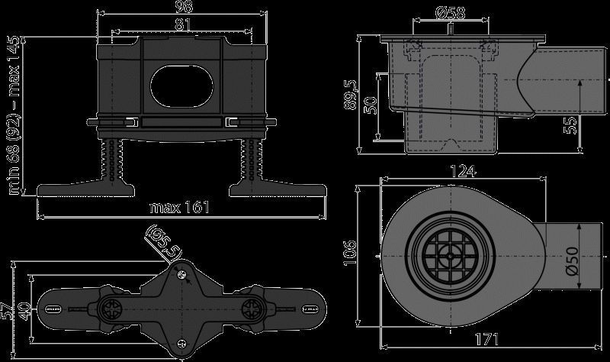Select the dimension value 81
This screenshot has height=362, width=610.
pyautogui.click(x=182, y=25)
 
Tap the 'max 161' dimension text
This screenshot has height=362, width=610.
pyautogui.click(x=180, y=207)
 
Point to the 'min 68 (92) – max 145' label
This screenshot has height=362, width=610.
pyautogui.click(x=14, y=115)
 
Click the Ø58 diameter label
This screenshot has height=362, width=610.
pyautogui.click(x=451, y=13)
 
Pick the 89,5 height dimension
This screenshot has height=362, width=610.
pyautogui.click(x=351, y=95)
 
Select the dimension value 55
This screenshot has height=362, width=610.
pyautogui.click(x=570, y=124)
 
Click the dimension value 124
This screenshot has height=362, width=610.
pyautogui.click(x=463, y=170)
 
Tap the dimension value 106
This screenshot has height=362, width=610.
pyautogui.click(x=350, y=253)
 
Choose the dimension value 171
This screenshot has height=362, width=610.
pyautogui.click(x=486, y=339)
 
